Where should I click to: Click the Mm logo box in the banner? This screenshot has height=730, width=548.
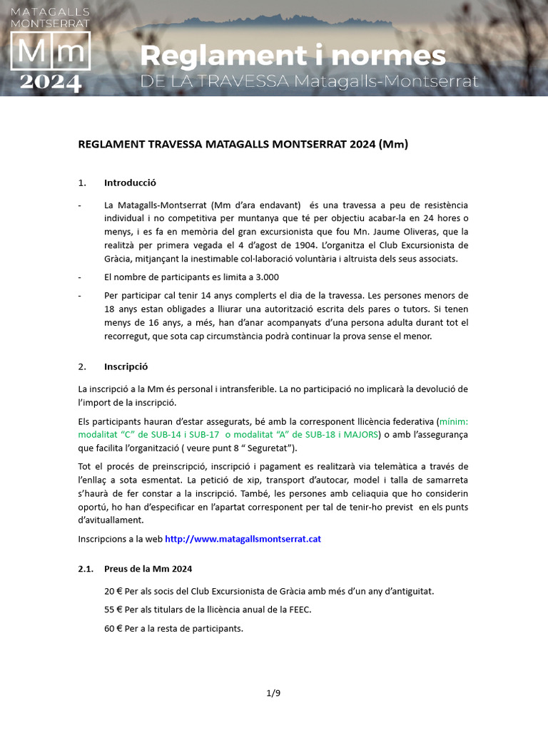click(x=50, y=51)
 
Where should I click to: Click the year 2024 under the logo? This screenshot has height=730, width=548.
click(x=50, y=83)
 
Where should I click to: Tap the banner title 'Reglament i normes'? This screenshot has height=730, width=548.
click(x=293, y=56)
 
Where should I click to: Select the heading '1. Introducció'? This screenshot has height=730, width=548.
click(x=117, y=182)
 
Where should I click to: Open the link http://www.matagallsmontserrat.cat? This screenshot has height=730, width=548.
click(x=243, y=539)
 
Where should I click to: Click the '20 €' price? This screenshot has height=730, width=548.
click(x=113, y=591)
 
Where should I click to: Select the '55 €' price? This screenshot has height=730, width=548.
click(x=113, y=610)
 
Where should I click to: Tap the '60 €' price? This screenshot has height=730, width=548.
click(x=113, y=628)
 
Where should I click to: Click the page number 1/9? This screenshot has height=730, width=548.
click(x=274, y=692)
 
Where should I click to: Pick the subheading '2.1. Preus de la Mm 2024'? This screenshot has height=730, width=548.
click(x=135, y=568)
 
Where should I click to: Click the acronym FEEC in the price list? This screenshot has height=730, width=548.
click(x=299, y=610)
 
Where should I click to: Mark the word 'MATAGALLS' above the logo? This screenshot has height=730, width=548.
click(x=50, y=12)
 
